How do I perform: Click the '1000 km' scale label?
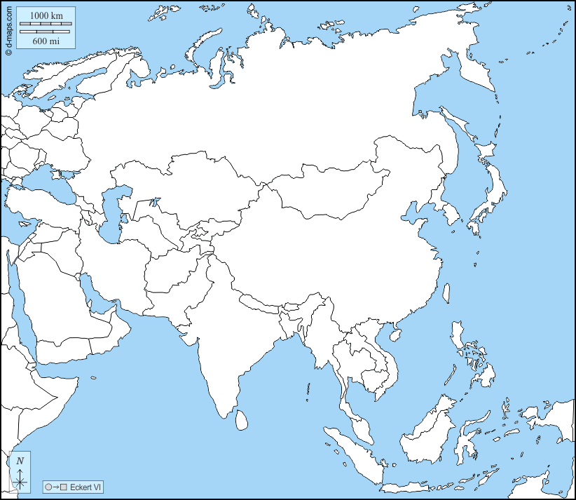coord(46,15)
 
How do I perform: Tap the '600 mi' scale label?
coord(46,41)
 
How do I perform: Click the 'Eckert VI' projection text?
coord(85,487)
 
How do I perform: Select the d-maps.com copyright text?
coord(8,28)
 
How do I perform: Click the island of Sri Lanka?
coord(241,419)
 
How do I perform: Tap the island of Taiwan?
coord(446,292)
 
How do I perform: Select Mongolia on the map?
coord(329,189)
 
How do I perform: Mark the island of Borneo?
coord(427,428)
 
